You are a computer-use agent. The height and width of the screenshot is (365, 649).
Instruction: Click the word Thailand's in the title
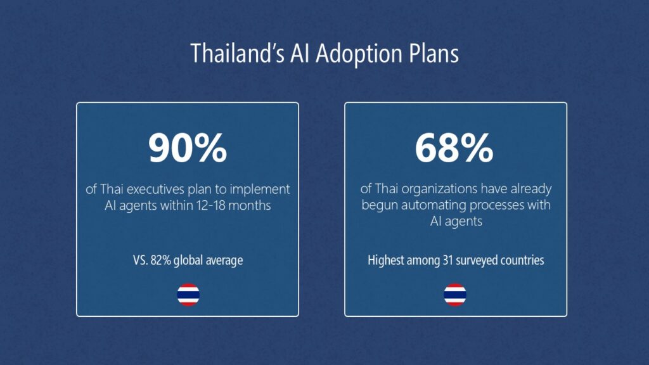pyautogui.click(x=237, y=53)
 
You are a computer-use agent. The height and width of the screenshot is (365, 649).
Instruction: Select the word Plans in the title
pyautogui.click(x=434, y=53)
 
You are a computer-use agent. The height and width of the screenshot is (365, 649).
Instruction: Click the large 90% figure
pyautogui.click(x=188, y=148)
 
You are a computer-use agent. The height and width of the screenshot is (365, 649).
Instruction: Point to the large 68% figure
pyautogui.click(x=454, y=148)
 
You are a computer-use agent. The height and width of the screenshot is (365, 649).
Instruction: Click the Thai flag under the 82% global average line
pyautogui.click(x=188, y=295)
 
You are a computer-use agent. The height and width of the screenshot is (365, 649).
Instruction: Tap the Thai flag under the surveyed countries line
pyautogui.click(x=455, y=295)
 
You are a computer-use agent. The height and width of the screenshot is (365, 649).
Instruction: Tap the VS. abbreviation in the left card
pyautogui.click(x=140, y=260)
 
